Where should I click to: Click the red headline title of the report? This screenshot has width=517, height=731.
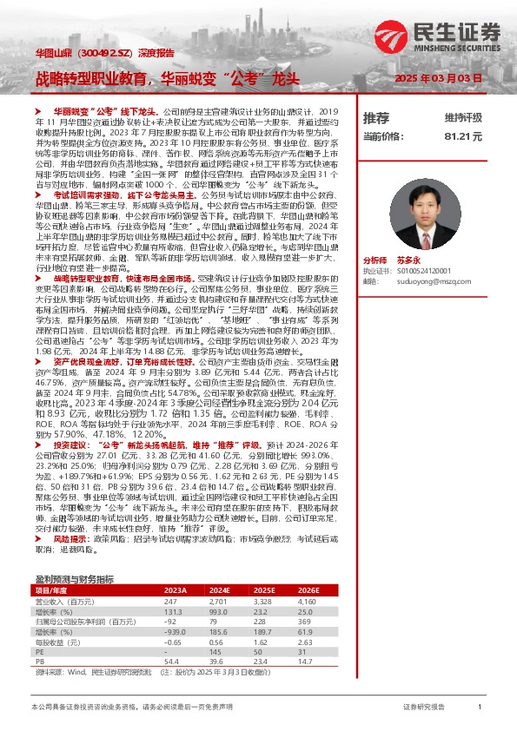tap(167, 77)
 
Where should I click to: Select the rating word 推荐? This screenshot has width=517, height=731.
tap(376, 118)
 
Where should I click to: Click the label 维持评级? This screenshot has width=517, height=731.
tap(462, 118)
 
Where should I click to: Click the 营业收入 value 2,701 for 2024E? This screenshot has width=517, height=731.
tap(217, 601)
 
